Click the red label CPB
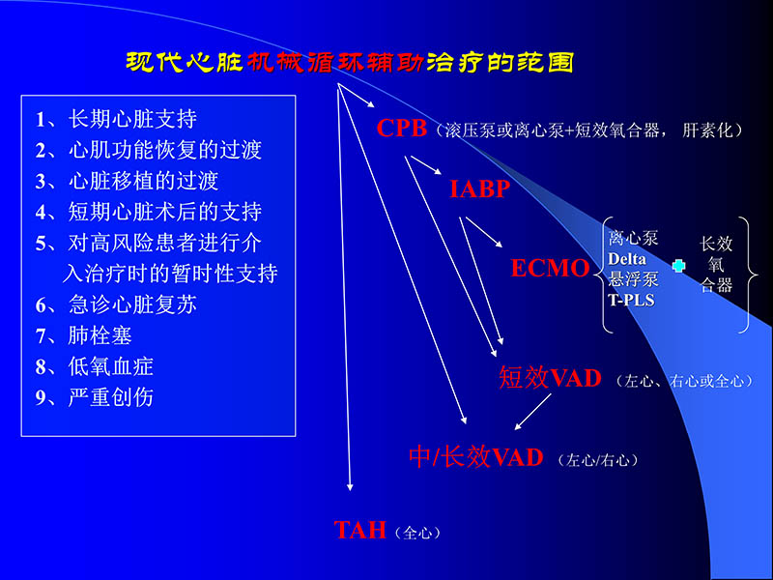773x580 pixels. pos(401,129)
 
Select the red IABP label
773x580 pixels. pos(479,189)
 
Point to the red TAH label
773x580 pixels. pos(359,530)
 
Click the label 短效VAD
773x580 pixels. pos(550,378)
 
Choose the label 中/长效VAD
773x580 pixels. pos(476,457)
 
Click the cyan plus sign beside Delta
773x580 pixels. pos(677,264)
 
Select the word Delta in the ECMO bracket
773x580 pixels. pos(633,259)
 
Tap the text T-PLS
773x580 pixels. pos(632,300)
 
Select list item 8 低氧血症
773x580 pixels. pos(95,366)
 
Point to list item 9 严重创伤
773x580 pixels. pos(95,397)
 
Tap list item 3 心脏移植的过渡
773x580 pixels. pos(127,181)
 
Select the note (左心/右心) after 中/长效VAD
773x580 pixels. pos(598,461)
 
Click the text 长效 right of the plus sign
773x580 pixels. pos(717,244)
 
